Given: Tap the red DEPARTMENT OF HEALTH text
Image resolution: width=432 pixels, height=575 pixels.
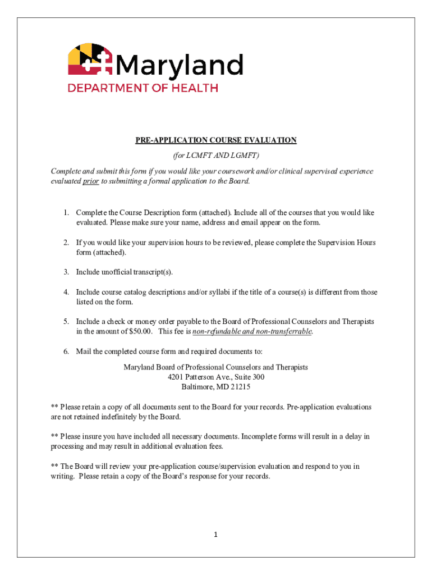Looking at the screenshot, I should [143, 88].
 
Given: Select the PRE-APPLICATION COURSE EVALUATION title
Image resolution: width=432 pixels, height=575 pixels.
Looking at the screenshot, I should [216, 140].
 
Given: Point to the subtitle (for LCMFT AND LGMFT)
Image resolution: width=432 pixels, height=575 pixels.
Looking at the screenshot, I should [216, 156].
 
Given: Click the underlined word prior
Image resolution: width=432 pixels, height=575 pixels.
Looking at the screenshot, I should [91, 181].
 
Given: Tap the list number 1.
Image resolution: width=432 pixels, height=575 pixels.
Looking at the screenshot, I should [66, 213].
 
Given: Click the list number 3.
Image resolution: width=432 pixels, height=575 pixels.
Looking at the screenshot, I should [66, 272].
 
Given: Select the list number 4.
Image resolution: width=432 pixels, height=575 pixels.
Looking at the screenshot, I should [66, 293].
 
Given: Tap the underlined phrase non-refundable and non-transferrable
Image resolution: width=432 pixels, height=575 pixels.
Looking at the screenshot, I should [252, 332].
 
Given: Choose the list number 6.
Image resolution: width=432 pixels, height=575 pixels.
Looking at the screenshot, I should [66, 352].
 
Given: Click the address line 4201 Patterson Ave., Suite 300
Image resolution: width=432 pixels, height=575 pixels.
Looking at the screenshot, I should [216, 377].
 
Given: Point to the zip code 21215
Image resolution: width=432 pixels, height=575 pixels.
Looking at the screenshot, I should [240, 387].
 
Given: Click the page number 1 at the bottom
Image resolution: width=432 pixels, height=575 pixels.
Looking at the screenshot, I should [215, 535].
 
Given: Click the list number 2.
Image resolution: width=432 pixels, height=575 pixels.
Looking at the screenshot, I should [66, 243].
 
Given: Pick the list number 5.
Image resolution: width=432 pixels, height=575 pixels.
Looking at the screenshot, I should [66, 322].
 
